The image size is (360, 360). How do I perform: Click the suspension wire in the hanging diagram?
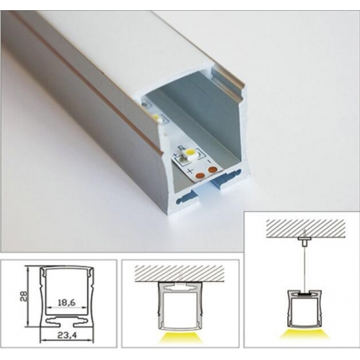tap(301, 264)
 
